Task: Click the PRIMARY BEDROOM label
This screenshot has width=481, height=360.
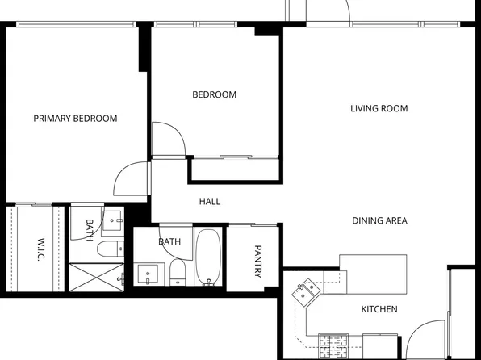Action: [x=75, y=119]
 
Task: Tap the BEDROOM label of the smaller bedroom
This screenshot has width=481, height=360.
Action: [x=214, y=94]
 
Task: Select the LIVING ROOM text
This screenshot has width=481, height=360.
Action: [x=379, y=108]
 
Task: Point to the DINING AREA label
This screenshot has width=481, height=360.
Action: [x=379, y=220]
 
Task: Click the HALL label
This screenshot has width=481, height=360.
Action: [x=210, y=201]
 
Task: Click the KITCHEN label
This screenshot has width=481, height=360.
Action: [x=379, y=309]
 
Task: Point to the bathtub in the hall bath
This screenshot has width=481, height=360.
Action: [x=208, y=258]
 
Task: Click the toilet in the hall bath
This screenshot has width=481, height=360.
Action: [x=178, y=271]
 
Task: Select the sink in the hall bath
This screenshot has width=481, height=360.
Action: [x=148, y=274]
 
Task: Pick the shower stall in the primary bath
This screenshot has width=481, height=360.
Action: [x=95, y=275]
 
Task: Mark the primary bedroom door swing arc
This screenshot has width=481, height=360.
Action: [x=129, y=179]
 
